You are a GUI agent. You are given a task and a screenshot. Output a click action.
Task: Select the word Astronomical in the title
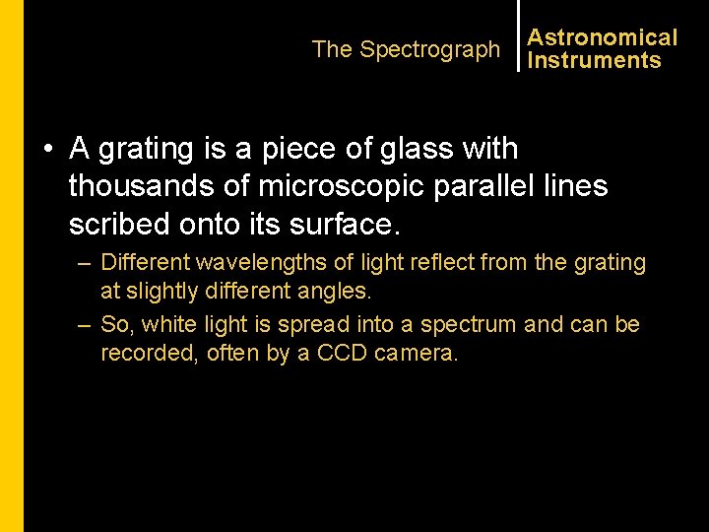603,37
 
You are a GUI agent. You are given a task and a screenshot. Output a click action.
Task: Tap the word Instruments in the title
594,60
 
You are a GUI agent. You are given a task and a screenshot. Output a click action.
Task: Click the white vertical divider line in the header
518,35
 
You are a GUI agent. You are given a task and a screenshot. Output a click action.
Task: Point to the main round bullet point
47,150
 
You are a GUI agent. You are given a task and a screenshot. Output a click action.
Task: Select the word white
169,324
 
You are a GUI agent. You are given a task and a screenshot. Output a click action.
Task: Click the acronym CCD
343,354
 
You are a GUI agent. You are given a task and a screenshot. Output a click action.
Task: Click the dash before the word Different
86,263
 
